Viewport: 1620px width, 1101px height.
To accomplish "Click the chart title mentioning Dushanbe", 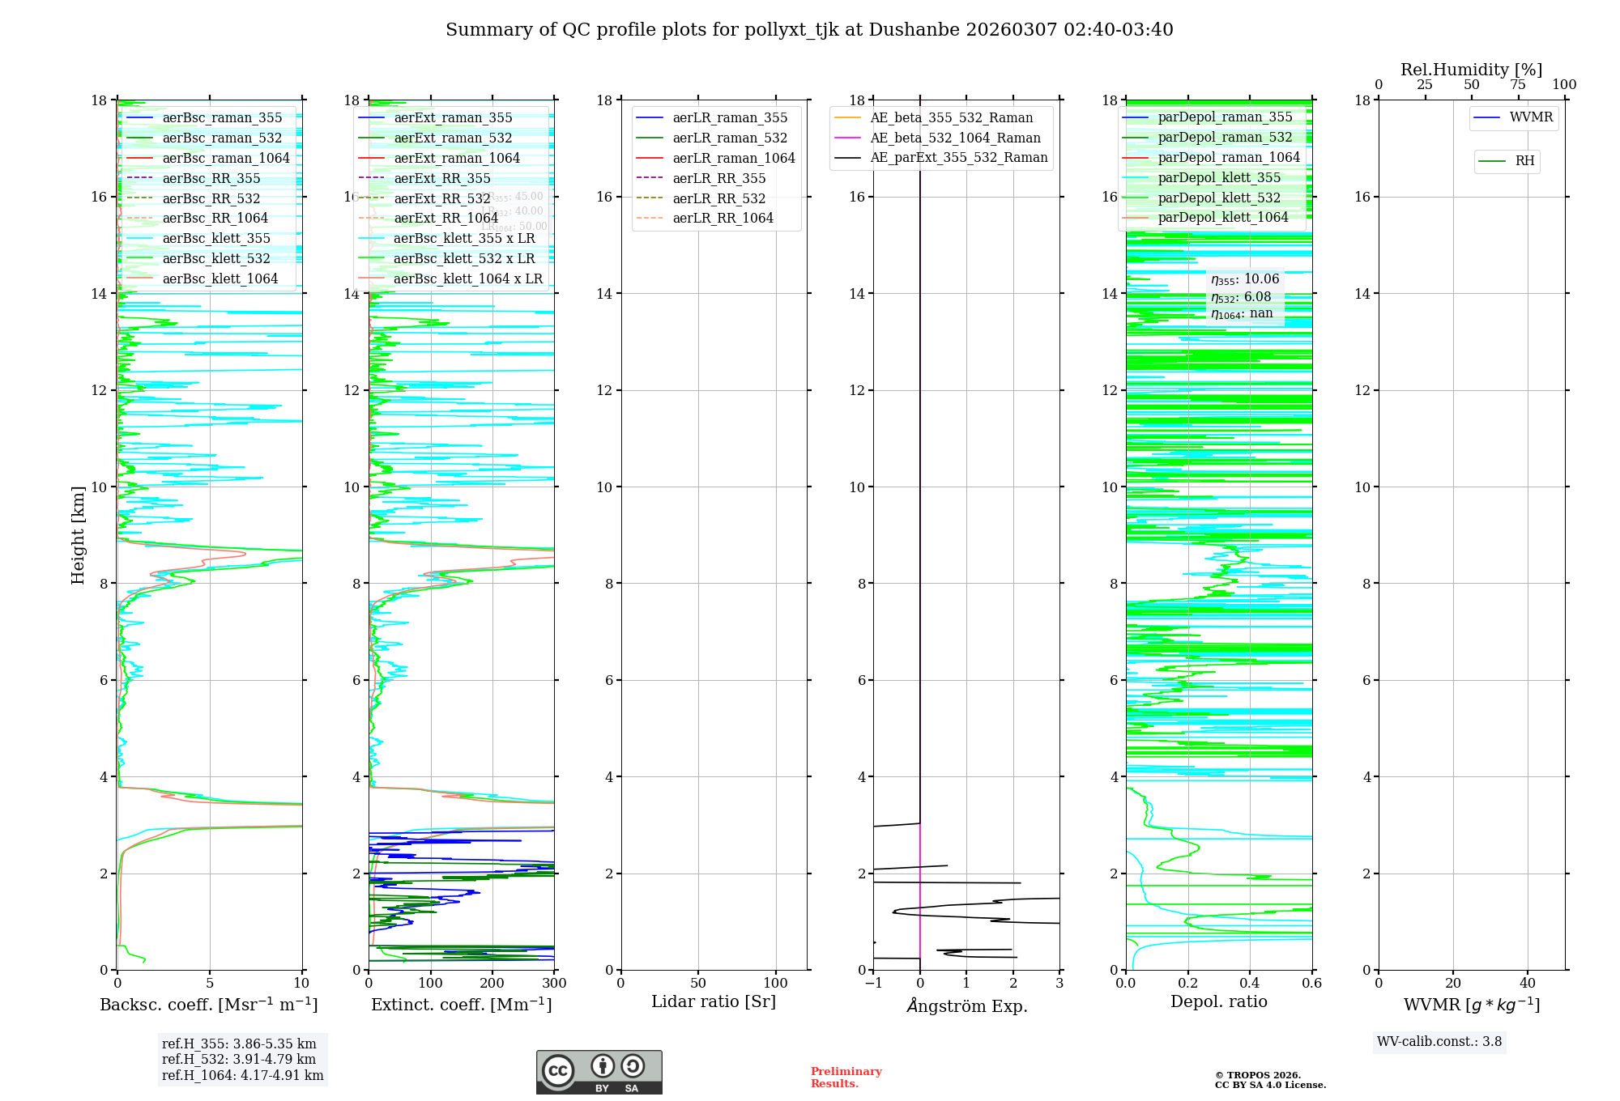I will [x=809, y=30].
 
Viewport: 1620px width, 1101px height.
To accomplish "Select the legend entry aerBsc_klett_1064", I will [x=220, y=278].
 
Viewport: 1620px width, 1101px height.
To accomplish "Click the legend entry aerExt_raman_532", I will [x=453, y=138].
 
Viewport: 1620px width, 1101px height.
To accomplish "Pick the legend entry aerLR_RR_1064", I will [x=723, y=218].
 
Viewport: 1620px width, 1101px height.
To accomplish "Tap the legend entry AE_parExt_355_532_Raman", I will [x=958, y=157].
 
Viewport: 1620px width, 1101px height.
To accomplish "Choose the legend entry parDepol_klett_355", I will [x=1219, y=177].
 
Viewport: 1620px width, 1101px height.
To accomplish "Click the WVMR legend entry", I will [x=1531, y=117].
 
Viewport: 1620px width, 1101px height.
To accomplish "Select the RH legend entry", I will [x=1524, y=161].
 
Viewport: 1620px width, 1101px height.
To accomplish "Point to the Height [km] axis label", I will [x=78, y=535].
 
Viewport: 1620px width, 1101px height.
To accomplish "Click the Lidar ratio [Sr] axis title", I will [x=714, y=1001].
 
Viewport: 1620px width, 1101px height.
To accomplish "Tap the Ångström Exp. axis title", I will [x=966, y=1005].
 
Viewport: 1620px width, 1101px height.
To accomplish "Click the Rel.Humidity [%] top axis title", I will [x=1471, y=70].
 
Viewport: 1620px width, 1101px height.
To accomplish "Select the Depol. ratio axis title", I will [x=1218, y=1001].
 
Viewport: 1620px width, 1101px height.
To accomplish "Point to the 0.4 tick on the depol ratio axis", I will [x=1250, y=983].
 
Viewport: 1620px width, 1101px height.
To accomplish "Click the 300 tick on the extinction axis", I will [x=554, y=983].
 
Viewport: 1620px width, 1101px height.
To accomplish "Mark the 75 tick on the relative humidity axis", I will [x=1518, y=85].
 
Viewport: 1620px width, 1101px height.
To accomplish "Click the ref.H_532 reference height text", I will [x=239, y=1059].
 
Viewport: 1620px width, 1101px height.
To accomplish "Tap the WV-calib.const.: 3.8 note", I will [x=1439, y=1041].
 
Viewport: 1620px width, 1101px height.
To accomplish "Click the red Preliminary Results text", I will [x=846, y=1077].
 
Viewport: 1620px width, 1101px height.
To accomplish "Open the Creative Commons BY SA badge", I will [x=599, y=1072].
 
